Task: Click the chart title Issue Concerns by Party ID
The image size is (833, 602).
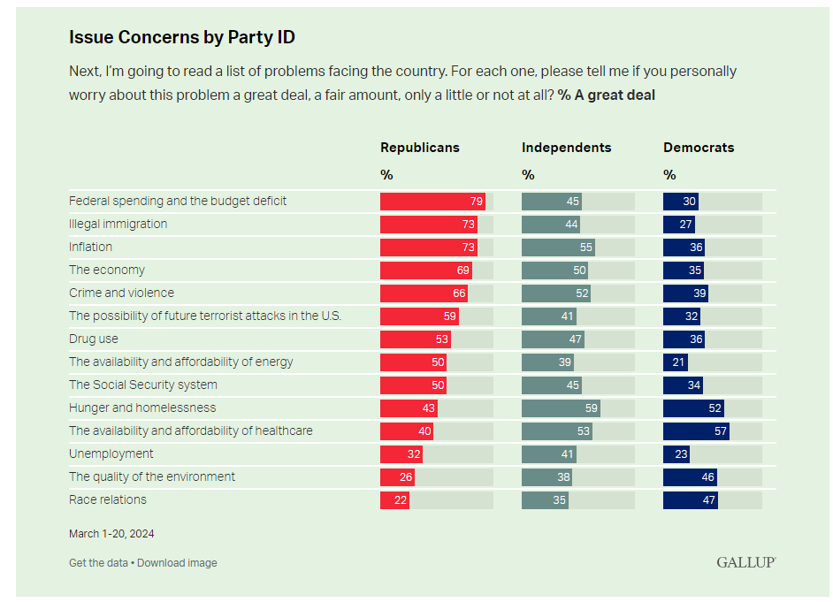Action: click(182, 37)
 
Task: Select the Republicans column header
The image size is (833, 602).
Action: click(420, 148)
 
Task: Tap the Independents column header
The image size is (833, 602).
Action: click(566, 148)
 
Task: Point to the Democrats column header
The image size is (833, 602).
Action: click(699, 148)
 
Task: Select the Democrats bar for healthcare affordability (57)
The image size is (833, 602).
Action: click(696, 431)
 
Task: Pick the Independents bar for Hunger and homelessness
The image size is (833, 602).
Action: click(561, 408)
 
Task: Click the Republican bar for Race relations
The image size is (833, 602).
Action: click(394, 499)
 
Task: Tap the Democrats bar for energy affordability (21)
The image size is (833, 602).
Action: click(676, 362)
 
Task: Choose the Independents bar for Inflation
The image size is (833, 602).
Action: click(558, 247)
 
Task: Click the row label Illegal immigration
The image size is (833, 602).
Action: click(118, 224)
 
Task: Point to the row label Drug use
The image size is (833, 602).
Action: click(94, 339)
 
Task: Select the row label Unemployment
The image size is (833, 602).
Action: click(111, 453)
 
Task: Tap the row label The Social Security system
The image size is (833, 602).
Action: click(143, 385)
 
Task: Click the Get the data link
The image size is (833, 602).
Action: click(98, 563)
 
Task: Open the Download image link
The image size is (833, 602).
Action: click(177, 563)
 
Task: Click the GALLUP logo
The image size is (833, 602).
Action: click(746, 562)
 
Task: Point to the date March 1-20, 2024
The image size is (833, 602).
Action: click(111, 533)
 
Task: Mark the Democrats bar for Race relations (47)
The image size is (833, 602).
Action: click(691, 499)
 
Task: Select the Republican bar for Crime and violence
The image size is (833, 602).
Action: click(424, 293)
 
